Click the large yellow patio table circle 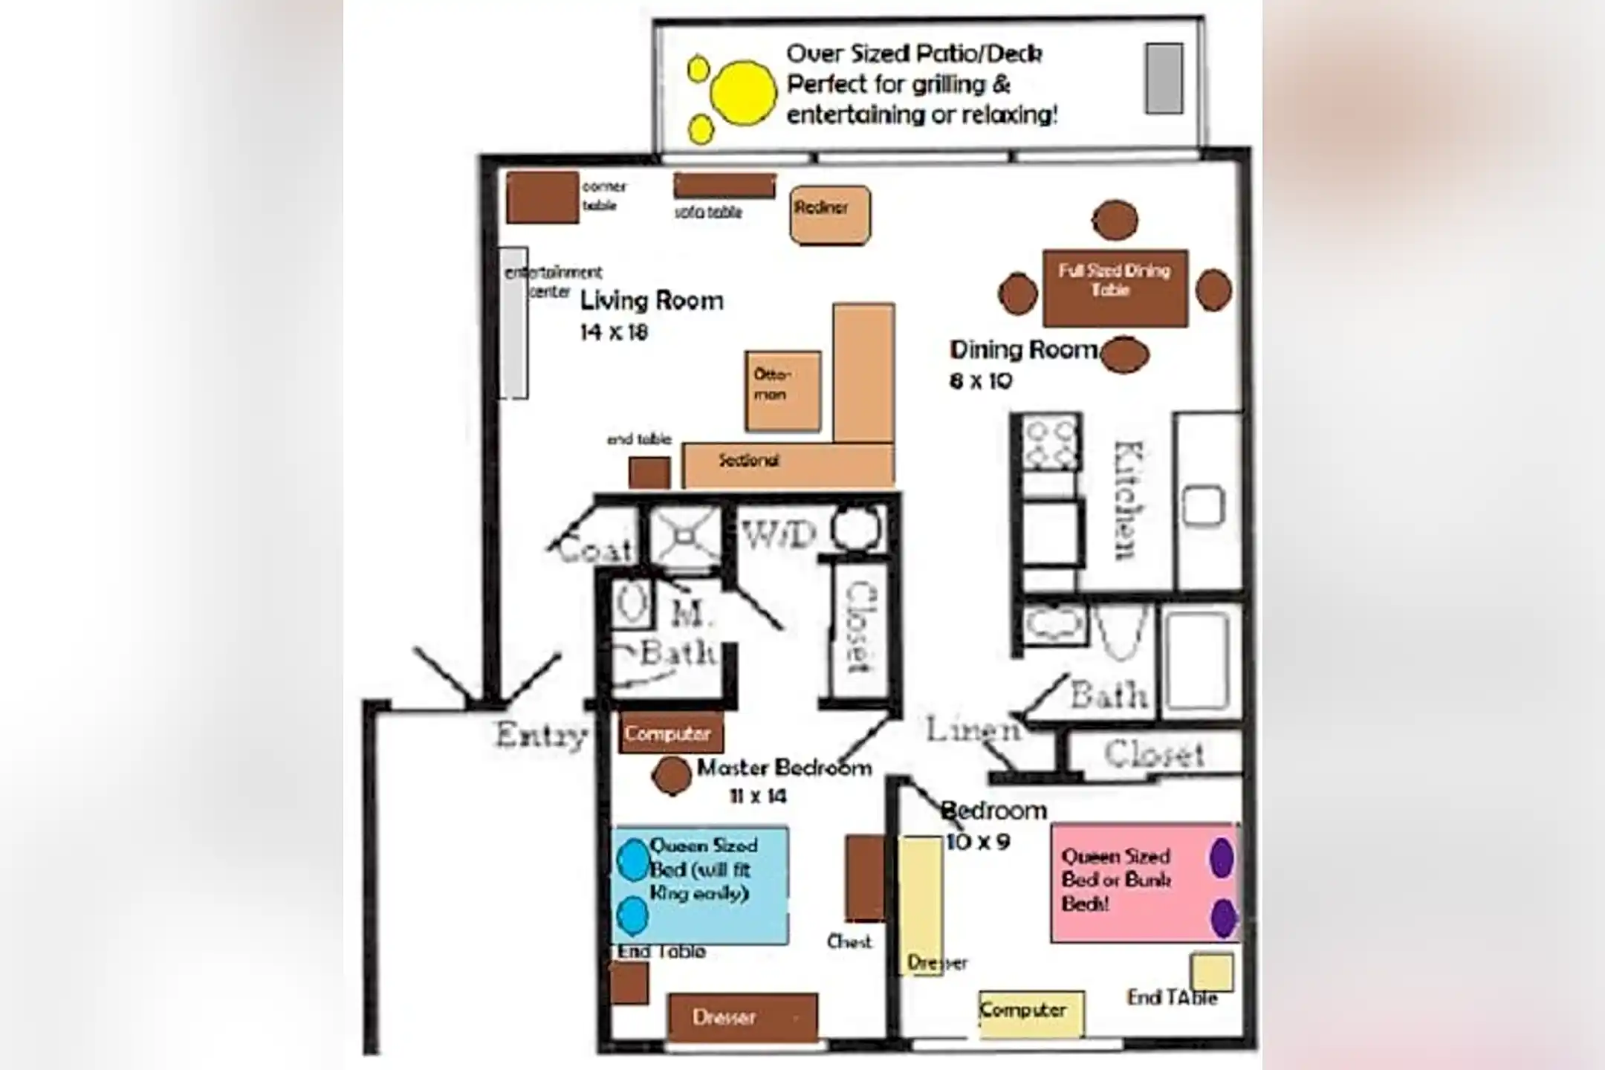pyautogui.click(x=743, y=93)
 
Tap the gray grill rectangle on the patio pyautogui.click(x=1164, y=78)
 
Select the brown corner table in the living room pyautogui.click(x=542, y=197)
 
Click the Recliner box pyautogui.click(x=829, y=215)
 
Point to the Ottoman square pyautogui.click(x=783, y=391)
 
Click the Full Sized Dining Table pyautogui.click(x=1115, y=288)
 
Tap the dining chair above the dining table pyautogui.click(x=1115, y=220)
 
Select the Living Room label pyautogui.click(x=652, y=301)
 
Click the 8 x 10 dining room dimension pyautogui.click(x=981, y=381)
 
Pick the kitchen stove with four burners pyautogui.click(x=1049, y=443)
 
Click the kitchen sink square pyautogui.click(x=1203, y=506)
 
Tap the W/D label pyautogui.click(x=779, y=534)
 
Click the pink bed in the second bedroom pyautogui.click(x=1144, y=882)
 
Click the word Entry pyautogui.click(x=541, y=735)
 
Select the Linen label pyautogui.click(x=972, y=730)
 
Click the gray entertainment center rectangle pyautogui.click(x=513, y=323)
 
